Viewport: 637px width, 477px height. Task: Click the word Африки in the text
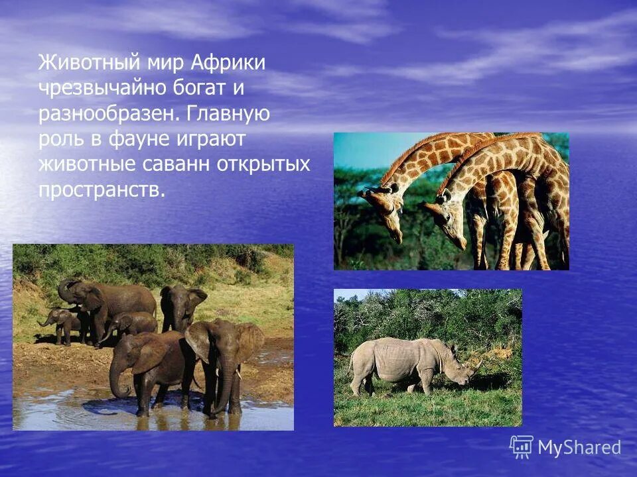point(228,63)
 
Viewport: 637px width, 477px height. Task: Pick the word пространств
point(100,190)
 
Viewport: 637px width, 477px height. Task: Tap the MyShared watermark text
point(579,448)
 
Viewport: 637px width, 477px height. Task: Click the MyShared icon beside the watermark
point(522,447)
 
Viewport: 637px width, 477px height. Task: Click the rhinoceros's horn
point(476,364)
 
